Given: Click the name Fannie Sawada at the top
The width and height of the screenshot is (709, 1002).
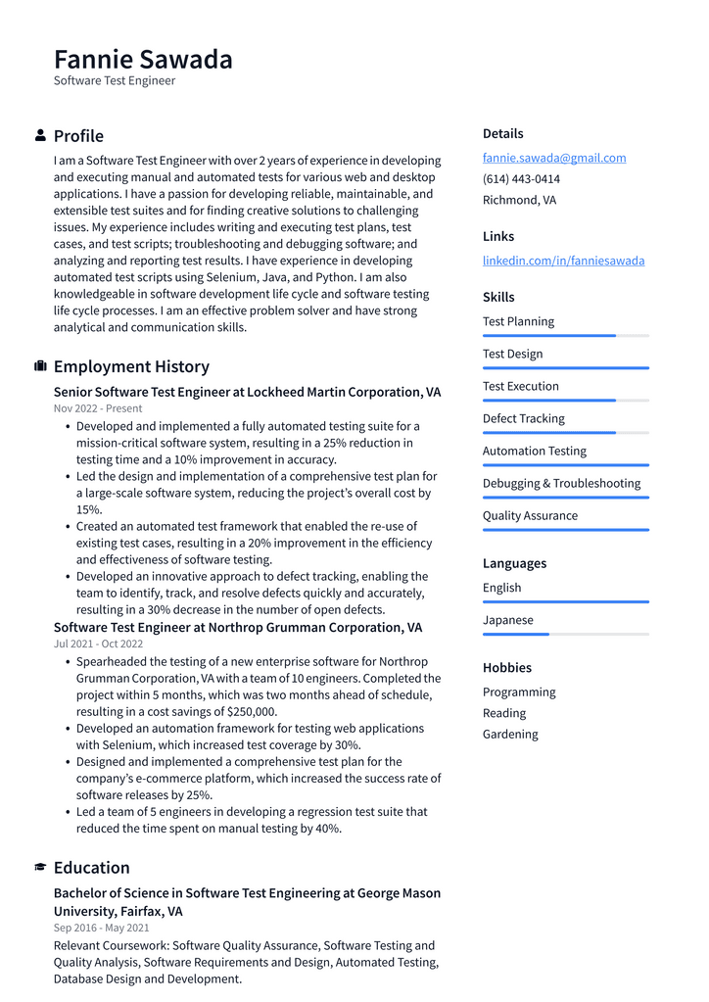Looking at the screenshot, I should click(x=143, y=59).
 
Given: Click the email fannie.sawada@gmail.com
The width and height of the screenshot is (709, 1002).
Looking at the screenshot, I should click(x=554, y=158).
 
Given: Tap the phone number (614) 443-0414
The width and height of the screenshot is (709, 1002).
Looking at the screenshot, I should click(x=521, y=179).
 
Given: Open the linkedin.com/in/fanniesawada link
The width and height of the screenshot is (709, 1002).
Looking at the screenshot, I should click(x=563, y=261).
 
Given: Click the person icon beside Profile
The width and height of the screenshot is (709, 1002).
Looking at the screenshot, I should click(x=40, y=135).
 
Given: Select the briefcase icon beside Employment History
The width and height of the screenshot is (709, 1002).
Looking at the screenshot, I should click(x=40, y=366).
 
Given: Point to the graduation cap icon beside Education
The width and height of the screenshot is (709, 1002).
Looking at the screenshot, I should click(x=40, y=868).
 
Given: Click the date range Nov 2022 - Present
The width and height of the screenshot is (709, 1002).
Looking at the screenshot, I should click(x=98, y=408).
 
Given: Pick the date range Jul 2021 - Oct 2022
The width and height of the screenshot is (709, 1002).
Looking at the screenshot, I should click(x=98, y=644).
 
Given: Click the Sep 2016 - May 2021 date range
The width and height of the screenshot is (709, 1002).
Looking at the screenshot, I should click(x=102, y=928).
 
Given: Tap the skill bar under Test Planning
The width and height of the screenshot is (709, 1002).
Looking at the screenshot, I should click(x=565, y=336).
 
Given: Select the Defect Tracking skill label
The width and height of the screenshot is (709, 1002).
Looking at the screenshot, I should click(x=523, y=418).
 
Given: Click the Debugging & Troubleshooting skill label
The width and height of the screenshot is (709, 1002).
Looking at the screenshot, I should click(x=561, y=483).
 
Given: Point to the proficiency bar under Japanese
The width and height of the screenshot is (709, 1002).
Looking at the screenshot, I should click(x=565, y=635).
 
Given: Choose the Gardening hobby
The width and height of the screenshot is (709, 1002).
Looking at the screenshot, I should click(x=510, y=734).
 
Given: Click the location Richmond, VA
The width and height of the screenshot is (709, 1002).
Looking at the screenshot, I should click(x=519, y=200).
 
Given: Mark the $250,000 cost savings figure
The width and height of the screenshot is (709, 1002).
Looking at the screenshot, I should click(x=252, y=712).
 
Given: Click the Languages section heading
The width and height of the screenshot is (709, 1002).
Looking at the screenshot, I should click(x=514, y=563).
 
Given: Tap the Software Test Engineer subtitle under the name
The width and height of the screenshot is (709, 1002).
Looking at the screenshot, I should click(x=115, y=81).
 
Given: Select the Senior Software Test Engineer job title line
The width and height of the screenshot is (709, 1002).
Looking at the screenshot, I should click(x=247, y=392).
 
